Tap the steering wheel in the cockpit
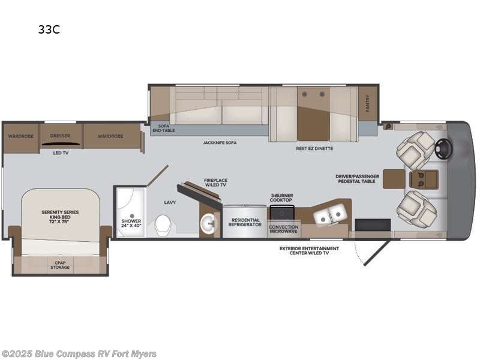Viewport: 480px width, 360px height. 445,149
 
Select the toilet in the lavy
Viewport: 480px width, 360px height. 163,225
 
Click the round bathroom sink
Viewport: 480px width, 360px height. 208,223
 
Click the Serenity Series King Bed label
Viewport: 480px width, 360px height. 60,215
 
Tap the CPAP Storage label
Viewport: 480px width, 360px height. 59,265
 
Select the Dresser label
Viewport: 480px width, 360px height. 60,136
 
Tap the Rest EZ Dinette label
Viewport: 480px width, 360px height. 314,148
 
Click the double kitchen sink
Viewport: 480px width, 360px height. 330,213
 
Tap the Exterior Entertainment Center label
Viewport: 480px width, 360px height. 310,251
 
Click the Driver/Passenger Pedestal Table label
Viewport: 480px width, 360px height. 357,179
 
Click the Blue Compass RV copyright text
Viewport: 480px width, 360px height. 79,353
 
